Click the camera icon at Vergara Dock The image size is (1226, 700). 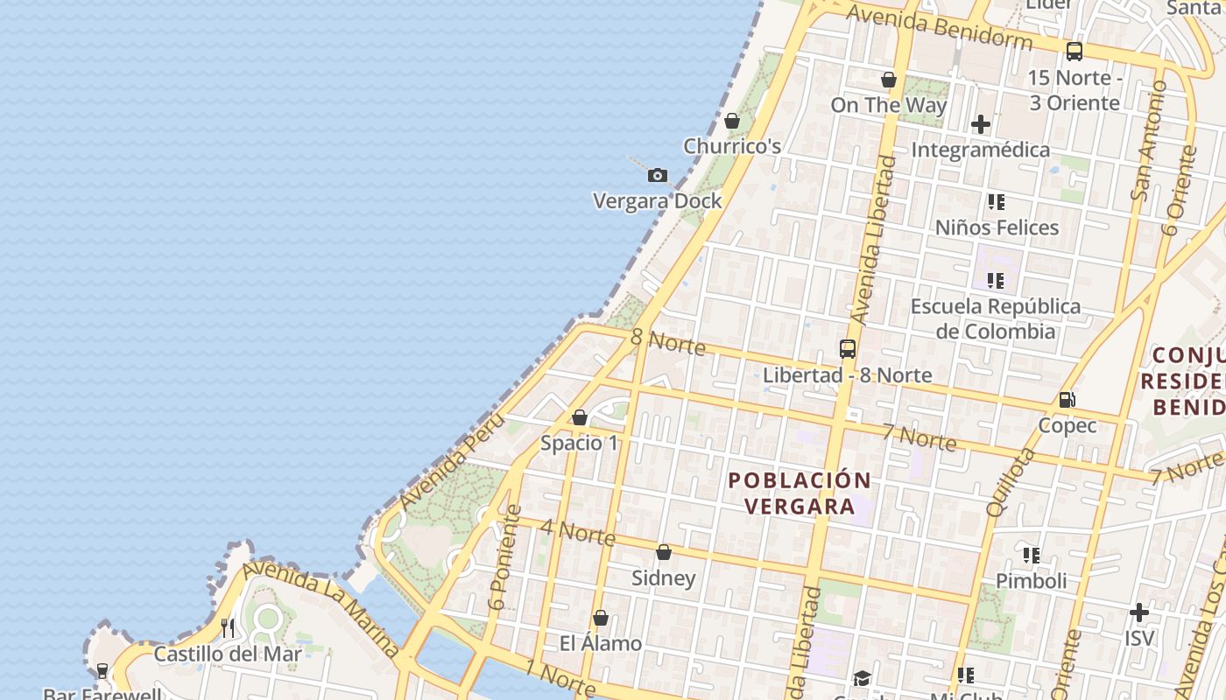pyautogui.click(x=658, y=176)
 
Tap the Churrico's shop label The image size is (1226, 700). pyautogui.click(x=732, y=146)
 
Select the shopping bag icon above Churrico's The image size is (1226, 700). pyautogui.click(x=732, y=121)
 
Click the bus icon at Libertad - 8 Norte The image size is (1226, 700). pyautogui.click(x=847, y=349)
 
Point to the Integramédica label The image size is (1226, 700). pyautogui.click(x=981, y=150)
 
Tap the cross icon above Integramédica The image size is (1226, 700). pyautogui.click(x=981, y=124)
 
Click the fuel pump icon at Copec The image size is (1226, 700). pyautogui.click(x=1067, y=400)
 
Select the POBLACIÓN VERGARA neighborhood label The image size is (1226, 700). pyautogui.click(x=800, y=493)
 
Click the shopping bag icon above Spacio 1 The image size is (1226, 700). pyautogui.click(x=579, y=417)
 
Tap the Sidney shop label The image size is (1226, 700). pyautogui.click(x=664, y=577)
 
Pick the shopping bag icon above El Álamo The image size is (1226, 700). pyautogui.click(x=601, y=618)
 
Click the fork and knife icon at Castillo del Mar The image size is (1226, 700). pyautogui.click(x=228, y=627)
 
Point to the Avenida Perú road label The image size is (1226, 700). pyautogui.click(x=452, y=462)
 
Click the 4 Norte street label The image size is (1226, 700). pyautogui.click(x=577, y=531)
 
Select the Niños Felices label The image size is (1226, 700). pyautogui.click(x=997, y=227)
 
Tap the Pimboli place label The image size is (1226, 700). pyautogui.click(x=1031, y=581)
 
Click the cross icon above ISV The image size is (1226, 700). pyautogui.click(x=1138, y=612)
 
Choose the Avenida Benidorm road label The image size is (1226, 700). pyautogui.click(x=939, y=27)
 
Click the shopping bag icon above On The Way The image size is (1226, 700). pyautogui.click(x=889, y=80)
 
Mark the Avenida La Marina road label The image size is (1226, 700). pyautogui.click(x=321, y=609)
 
